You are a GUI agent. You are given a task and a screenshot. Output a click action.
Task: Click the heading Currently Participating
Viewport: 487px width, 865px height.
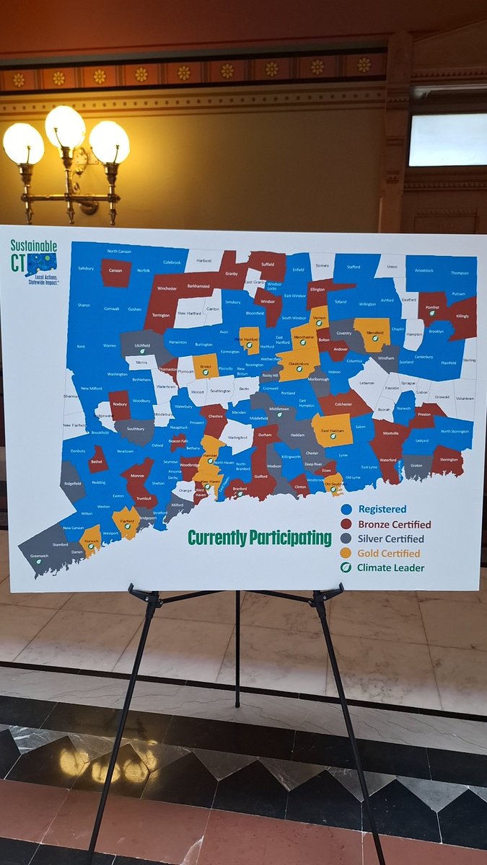pyautogui.click(x=260, y=538)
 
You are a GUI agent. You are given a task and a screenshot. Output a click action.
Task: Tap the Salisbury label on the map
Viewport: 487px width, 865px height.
pyautogui.click(x=86, y=267)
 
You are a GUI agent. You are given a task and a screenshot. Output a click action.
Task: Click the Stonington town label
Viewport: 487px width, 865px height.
pyautogui.click(x=449, y=458)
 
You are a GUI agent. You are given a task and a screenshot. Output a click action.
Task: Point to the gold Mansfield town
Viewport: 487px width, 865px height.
pyautogui.click(x=372, y=333)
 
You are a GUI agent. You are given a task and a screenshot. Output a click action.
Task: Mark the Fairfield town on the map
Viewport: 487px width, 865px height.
pyautogui.click(x=126, y=520)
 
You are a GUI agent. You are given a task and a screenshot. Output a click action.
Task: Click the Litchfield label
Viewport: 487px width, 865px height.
pyautogui.click(x=142, y=345)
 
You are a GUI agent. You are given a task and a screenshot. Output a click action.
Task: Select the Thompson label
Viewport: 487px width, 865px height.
pyautogui.click(x=460, y=273)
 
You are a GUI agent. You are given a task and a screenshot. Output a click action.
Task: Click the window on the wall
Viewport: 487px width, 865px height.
pyautogui.click(x=447, y=139)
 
